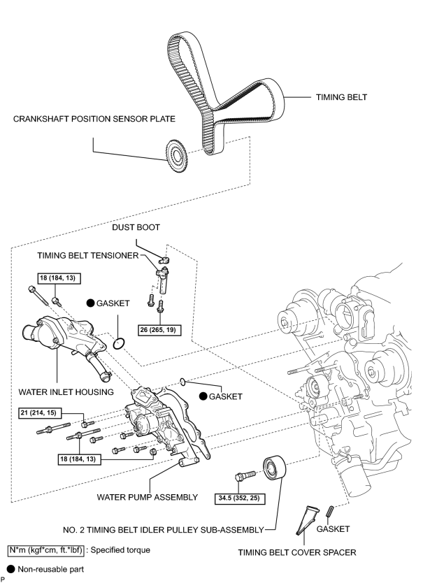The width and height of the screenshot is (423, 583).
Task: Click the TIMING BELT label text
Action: pos(341,97)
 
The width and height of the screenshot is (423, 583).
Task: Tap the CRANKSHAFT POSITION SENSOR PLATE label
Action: pos(94,119)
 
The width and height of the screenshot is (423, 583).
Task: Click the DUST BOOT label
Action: pos(136,228)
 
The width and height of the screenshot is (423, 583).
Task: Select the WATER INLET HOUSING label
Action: pos(66,392)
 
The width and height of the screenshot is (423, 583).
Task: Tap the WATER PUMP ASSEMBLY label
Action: pos(148,497)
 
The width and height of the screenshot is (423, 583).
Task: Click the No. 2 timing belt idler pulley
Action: pos(275,469)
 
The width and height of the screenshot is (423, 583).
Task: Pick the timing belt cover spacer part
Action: pos(307,520)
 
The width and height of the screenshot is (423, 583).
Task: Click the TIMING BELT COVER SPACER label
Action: pos(297,552)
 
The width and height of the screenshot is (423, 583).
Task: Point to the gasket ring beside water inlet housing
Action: pos(119,343)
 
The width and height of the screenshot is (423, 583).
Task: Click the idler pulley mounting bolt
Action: pos(245,476)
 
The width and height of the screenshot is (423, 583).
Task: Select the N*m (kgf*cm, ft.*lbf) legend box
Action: pos(46,550)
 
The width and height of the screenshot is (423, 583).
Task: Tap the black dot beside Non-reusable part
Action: pos(10,569)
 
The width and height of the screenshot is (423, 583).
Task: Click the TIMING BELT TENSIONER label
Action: pos(88,255)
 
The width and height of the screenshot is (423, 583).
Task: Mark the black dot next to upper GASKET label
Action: pos(90,303)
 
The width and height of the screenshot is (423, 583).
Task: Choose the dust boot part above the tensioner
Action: pos(164,260)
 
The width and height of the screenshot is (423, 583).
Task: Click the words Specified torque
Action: pos(120,550)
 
